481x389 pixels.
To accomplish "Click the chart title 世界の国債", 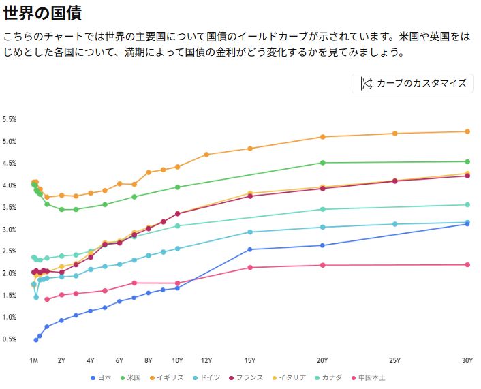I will pos(47,14).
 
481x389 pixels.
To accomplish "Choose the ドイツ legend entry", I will pos(206,377).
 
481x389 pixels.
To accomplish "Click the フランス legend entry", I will pos(246,377).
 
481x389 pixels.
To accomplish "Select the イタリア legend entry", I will pos(289,377).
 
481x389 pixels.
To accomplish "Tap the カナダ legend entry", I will pos(328,377).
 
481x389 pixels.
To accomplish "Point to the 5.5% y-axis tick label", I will pos(10,119).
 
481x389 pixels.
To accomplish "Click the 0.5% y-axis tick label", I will pos(10,339).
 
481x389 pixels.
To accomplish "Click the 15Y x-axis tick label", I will pos(250,360).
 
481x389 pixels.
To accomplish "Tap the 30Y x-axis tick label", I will pos(467,360).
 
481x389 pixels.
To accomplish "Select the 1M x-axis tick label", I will pos(33,360).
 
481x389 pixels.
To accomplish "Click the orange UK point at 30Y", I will pos(467,131).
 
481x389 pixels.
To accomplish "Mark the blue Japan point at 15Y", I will pos(250,249).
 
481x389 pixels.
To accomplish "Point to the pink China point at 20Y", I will pos(322,265).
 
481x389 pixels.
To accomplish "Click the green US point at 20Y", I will pos(322,163).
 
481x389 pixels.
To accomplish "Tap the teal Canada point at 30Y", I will pos(467,204).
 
